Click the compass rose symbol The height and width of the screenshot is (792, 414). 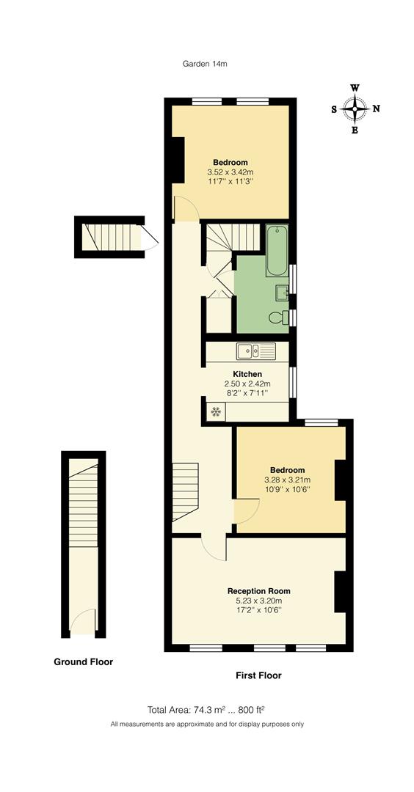coord(355,109)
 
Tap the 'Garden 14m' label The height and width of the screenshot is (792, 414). coord(205,64)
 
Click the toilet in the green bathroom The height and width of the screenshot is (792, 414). coord(277,317)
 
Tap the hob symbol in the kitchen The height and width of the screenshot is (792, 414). coord(216,412)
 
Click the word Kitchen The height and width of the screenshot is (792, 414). coord(247,374)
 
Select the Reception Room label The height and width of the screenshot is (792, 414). coord(258,591)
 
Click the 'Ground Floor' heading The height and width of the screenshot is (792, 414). coord(84,661)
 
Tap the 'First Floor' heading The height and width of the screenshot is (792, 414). coord(258,675)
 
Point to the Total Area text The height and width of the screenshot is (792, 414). coord(206,709)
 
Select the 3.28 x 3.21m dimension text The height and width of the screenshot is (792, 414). coord(287,480)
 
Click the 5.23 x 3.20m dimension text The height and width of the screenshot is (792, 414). coord(258,601)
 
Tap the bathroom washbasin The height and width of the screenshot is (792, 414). coord(282,293)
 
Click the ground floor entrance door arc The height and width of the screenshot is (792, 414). coord(84,620)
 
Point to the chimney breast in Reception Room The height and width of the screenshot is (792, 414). coord(340,591)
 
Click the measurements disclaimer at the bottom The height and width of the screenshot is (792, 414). coord(207,725)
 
